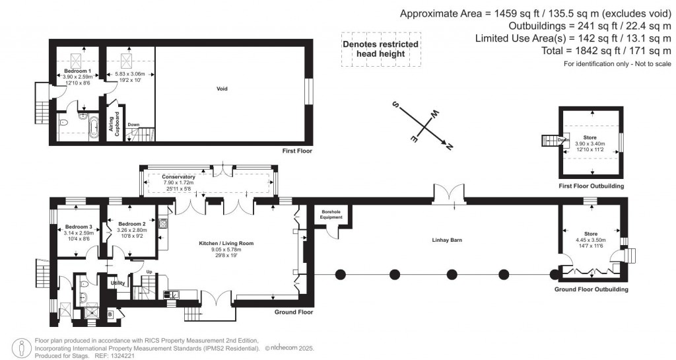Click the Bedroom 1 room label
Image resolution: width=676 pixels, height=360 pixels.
pyautogui.click(x=77, y=70)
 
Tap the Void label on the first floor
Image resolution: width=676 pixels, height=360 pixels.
pyautogui.click(x=222, y=89)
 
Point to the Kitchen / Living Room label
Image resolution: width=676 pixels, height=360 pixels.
pyautogui.click(x=226, y=244)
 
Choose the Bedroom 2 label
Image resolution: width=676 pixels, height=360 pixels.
pyautogui.click(x=132, y=224)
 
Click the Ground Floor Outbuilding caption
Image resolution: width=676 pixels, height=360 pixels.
pyautogui.click(x=591, y=289)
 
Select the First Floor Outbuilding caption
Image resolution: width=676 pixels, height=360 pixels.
pyautogui.click(x=592, y=186)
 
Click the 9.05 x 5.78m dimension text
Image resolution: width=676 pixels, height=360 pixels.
pyautogui.click(x=226, y=250)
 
